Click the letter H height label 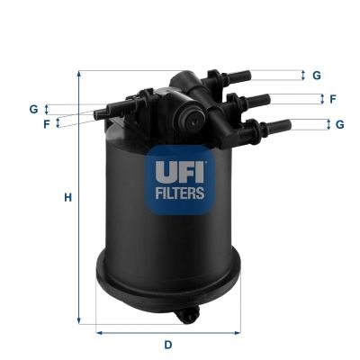(67, 197)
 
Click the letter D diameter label (167, 345)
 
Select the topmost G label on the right (317, 76)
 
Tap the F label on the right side (332, 99)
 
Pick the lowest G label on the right (340, 124)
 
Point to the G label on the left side (33, 109)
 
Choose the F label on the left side (46, 123)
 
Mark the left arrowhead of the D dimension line (99, 332)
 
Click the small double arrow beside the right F (319, 99)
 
